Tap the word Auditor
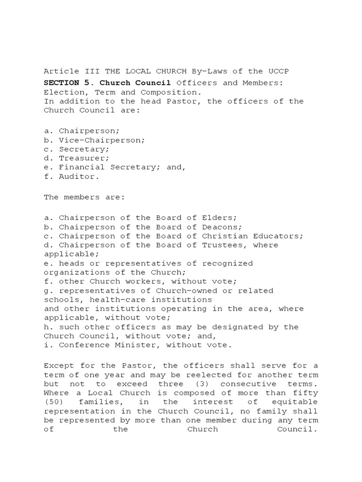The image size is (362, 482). coord(79,177)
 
